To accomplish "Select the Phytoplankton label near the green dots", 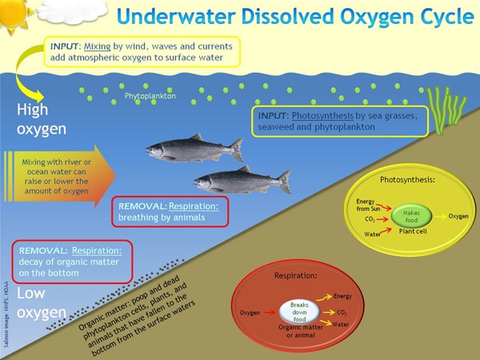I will [150, 98].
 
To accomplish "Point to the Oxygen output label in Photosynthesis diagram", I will [458, 216].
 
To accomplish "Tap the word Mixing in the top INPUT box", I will [98, 46].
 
